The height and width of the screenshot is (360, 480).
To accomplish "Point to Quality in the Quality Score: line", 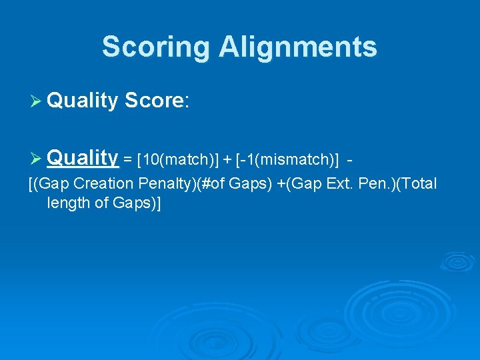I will click(x=83, y=101).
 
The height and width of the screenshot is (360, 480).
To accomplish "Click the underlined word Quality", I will click(x=83, y=158).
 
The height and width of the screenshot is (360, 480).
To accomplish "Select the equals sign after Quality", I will click(x=127, y=161).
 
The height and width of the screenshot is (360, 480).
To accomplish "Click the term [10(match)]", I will click(x=177, y=161).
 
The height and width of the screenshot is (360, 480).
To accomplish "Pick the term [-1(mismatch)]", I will click(x=287, y=161).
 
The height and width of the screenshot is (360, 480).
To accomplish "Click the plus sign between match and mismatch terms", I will click(x=227, y=161).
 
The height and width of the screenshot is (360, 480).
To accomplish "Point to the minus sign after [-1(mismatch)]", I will click(x=350, y=161).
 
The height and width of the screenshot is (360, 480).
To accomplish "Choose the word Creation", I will click(x=103, y=184).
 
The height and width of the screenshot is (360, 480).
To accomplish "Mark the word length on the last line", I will click(x=67, y=203).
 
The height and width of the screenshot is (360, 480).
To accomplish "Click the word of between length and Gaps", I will click(x=99, y=203).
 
